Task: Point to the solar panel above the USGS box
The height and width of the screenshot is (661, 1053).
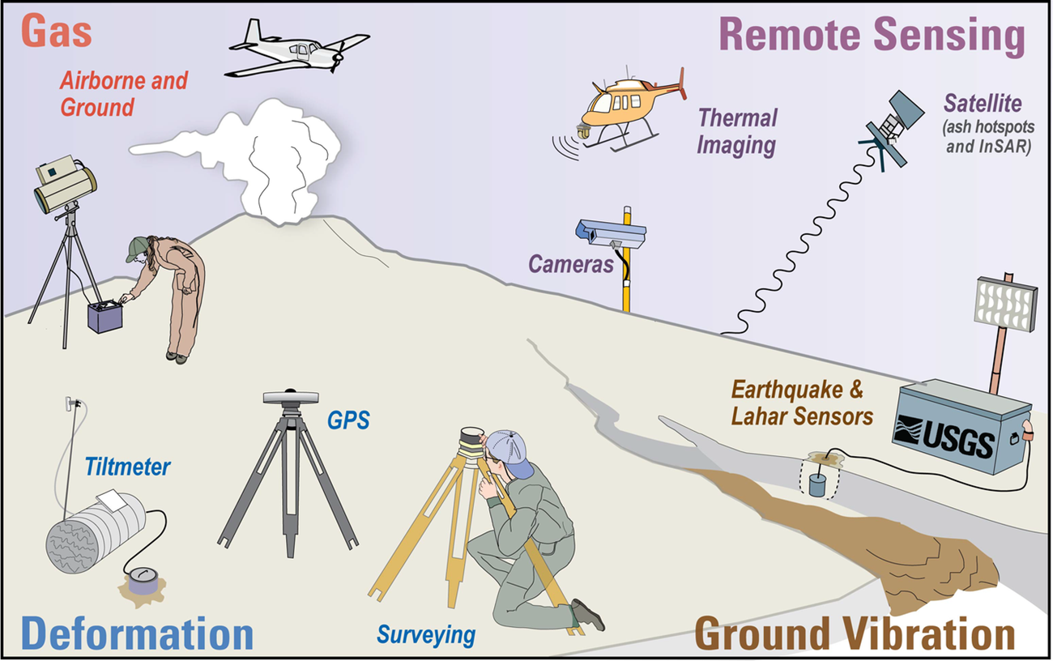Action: coord(1007,306)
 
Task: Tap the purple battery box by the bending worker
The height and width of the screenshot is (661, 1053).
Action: coord(104,317)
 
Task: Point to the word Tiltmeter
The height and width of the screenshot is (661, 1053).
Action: coord(128,467)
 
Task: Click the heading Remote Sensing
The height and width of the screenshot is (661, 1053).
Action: coord(872,36)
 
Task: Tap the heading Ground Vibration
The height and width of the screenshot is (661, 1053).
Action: coord(855,634)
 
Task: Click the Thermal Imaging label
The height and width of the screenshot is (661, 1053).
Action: coord(737,131)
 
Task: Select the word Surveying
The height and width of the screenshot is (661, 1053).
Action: coord(426,634)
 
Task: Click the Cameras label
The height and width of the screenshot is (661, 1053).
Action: coord(571,264)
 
